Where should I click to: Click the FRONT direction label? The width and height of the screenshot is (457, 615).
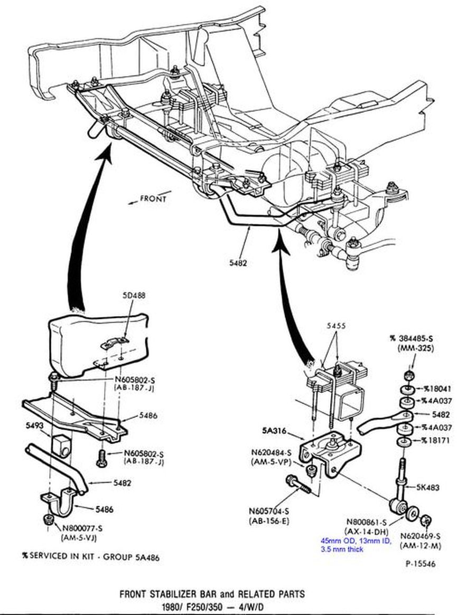[153, 199]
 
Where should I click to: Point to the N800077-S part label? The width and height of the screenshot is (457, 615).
[83, 529]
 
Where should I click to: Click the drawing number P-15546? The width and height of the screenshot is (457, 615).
[421, 564]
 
